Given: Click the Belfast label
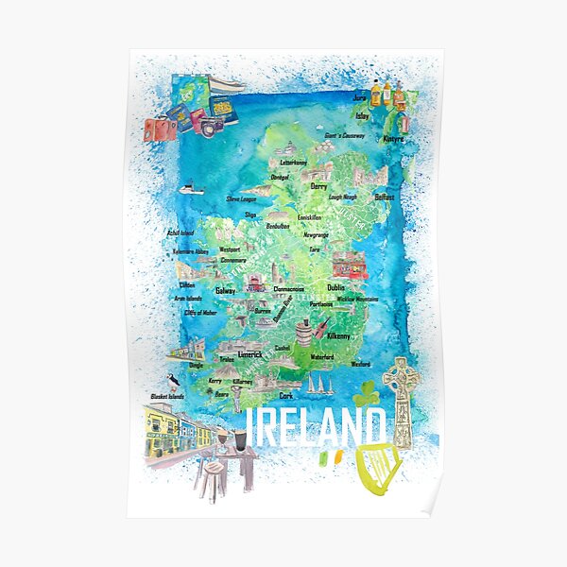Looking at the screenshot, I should point(384,197).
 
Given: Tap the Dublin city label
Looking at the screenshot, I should point(335,286).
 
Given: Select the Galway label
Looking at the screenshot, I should point(226,290).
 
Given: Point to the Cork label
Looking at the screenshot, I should point(286,396).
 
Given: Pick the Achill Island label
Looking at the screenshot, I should point(180,232).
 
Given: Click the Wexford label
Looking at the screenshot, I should point(360,362).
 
